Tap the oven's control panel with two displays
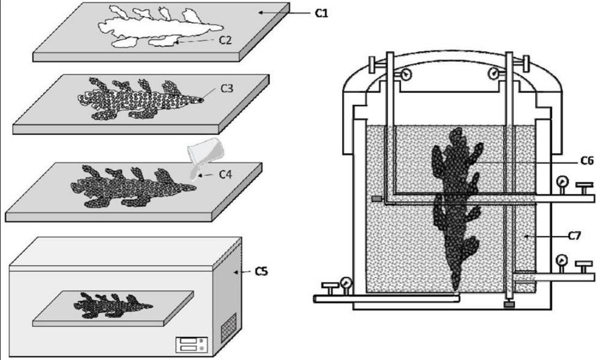[190, 344]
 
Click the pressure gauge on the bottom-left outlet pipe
[344, 283]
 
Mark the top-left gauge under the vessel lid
[405, 75]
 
